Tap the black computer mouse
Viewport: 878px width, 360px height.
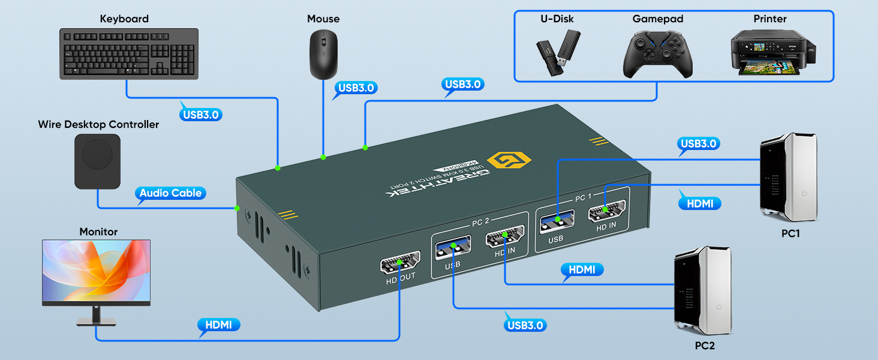coord(323,55)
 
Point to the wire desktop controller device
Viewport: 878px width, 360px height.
coord(98,161)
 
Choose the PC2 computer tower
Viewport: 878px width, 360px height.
coord(702,293)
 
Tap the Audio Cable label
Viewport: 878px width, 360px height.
coord(171,193)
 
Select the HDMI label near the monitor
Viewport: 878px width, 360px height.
coord(218,325)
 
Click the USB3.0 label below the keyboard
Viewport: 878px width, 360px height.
coord(201,114)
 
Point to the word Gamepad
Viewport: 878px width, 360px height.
coord(658,19)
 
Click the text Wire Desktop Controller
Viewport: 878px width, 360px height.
coord(98,125)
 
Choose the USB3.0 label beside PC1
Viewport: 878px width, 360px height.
coord(699,143)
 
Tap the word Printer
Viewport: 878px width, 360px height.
coord(770,19)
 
